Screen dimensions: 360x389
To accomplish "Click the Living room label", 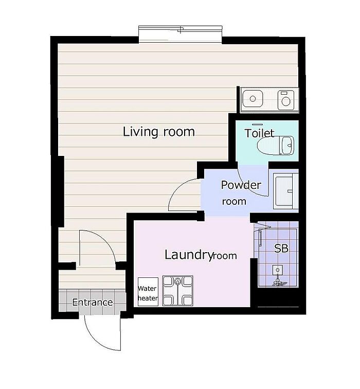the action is coord(159,132).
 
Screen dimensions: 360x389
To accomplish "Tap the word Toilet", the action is coord(260,133).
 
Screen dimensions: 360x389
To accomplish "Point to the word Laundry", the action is coord(189,255).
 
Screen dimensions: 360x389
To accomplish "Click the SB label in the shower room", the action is coord(281,248).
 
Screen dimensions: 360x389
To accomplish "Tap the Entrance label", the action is coord(92,302).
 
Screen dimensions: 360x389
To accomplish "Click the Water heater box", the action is coord(148,292).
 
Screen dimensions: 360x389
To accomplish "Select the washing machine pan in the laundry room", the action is coord(177,291).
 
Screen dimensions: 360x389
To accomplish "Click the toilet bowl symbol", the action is coord(276,146).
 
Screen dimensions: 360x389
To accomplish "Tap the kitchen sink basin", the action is coord(253,99).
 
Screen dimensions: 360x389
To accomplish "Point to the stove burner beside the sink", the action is coord(286,100).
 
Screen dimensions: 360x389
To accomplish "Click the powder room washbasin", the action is coord(285,191).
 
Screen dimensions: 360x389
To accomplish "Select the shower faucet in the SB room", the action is coord(278,275).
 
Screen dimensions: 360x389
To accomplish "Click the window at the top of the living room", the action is coord(180,34).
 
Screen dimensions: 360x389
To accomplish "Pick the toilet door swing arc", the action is coord(248,186).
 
